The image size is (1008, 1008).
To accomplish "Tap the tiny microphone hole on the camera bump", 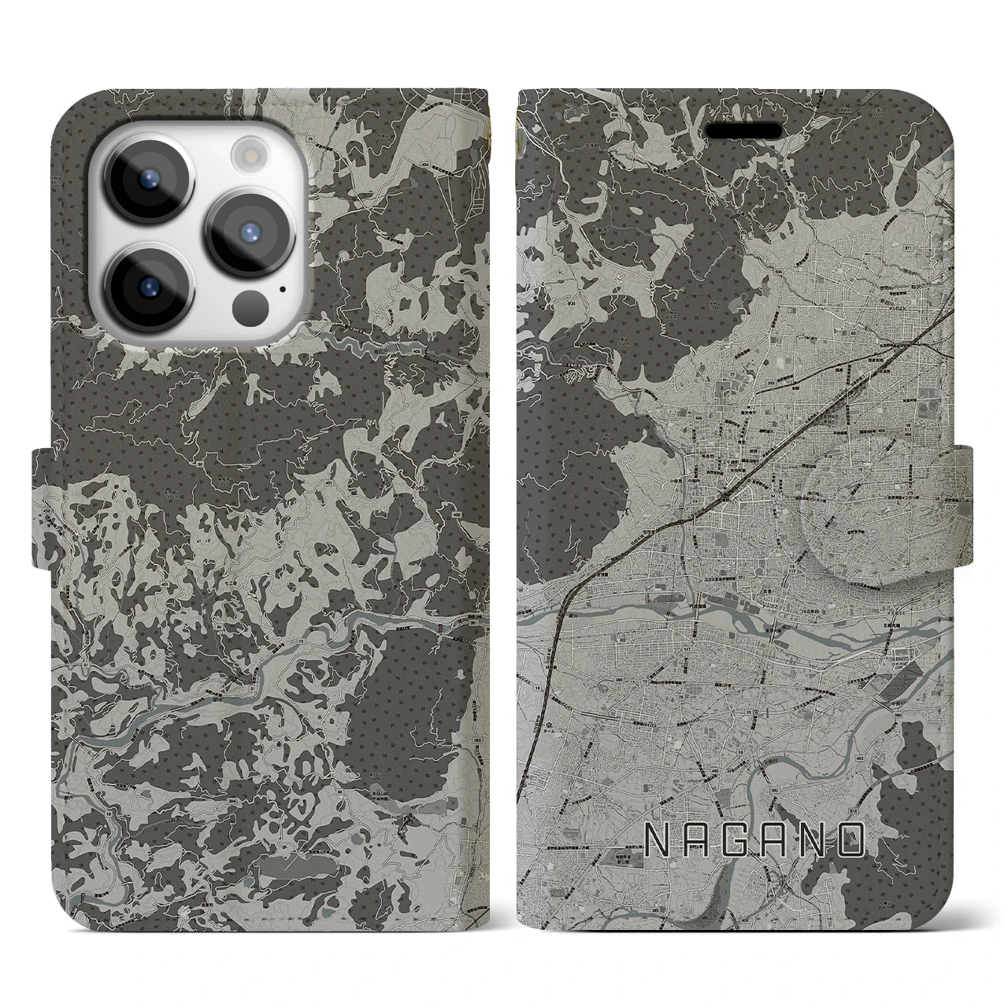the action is [x=282, y=288].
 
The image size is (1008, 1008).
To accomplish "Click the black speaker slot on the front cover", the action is [x=743, y=130].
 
